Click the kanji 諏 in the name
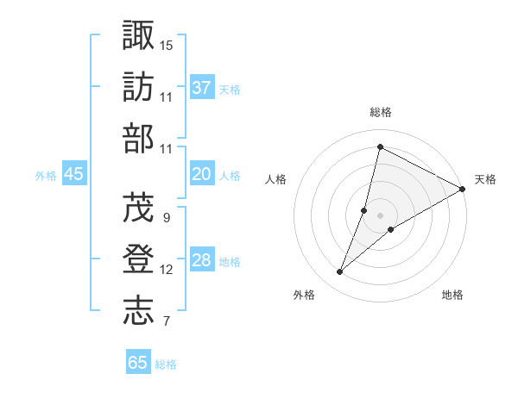[139, 35]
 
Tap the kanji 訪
[139, 88]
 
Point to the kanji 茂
[139, 208]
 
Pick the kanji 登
[139, 260]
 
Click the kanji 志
[139, 312]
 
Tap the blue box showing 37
[202, 87]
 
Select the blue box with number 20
[202, 174]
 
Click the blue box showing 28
[202, 260]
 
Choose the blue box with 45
[74, 174]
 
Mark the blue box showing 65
[138, 362]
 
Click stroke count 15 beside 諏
[167, 44]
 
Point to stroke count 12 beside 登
[167, 270]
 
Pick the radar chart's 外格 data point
[340, 272]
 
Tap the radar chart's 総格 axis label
[380, 112]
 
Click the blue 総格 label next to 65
[166, 364]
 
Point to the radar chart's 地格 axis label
[452, 295]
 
